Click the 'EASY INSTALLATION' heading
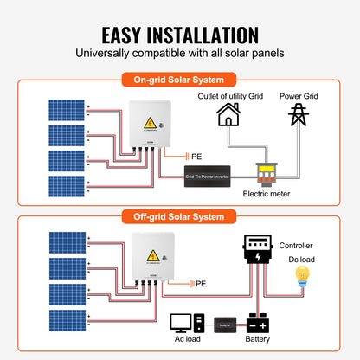pyautogui.click(x=180, y=35)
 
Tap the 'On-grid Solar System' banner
pyautogui.click(x=179, y=80)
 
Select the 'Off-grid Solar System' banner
pyautogui.click(x=179, y=215)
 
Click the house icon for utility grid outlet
pyautogui.click(x=228, y=115)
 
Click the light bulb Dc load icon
pyautogui.click(x=302, y=275)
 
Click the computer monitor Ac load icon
pyautogui.click(x=182, y=323)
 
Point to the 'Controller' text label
pyautogui.click(x=297, y=247)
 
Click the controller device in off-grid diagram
pyautogui.click(x=257, y=250)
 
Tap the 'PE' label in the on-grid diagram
pyautogui.click(x=196, y=153)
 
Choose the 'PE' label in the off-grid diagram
pyautogui.click(x=200, y=283)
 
